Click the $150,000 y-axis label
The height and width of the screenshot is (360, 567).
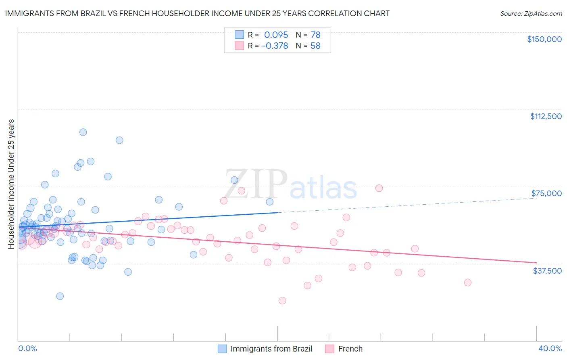click(544, 39)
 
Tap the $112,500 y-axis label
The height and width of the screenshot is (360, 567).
click(546, 116)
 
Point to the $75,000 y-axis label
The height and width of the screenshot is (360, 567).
click(546, 193)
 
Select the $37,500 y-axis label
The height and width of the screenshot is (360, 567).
click(547, 271)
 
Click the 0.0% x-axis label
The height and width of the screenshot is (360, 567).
click(27, 348)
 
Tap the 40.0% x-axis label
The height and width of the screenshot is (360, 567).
click(550, 348)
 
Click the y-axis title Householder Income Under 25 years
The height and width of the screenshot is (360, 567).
click(11, 184)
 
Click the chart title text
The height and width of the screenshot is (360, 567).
click(197, 13)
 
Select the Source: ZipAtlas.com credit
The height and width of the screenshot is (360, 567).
click(531, 13)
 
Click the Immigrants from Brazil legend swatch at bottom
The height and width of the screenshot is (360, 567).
click(222, 349)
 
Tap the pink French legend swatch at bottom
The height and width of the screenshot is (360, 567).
click(330, 349)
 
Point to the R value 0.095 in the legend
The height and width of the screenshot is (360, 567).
click(276, 35)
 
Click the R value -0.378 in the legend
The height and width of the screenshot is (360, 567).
click(275, 46)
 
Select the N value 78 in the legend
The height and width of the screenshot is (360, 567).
click(315, 35)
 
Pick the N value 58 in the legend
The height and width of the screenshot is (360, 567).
click(315, 46)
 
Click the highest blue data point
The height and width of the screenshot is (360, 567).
click(83, 132)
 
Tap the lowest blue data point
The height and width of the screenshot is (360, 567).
click(60, 296)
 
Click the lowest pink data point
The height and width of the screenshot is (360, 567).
click(282, 301)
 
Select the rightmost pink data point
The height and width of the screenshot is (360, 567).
click(468, 283)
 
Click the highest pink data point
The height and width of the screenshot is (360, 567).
click(379, 188)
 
